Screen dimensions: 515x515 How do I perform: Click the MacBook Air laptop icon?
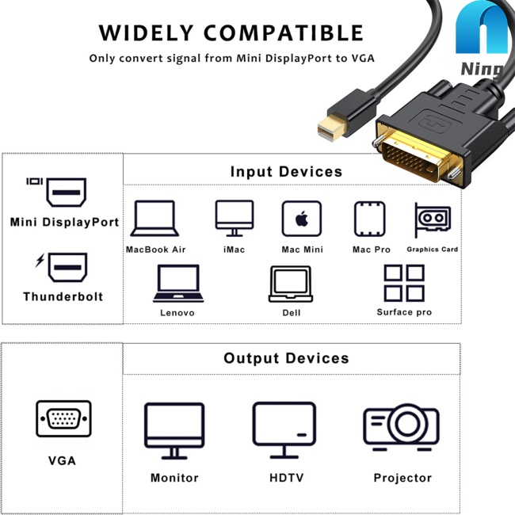pos(154,218)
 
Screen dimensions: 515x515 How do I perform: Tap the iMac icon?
pos(235,218)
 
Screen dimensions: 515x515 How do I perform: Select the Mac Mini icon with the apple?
pos(302,219)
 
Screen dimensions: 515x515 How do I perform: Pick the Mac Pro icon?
pos(370,219)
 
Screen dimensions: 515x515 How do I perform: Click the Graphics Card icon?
pos(433,219)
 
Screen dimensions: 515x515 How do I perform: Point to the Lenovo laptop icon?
pos(178,283)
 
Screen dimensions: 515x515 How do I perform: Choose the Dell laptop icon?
pos(291,284)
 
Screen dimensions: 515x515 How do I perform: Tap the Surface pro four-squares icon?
pos(404,283)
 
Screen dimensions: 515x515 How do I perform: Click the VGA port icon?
pos(63,418)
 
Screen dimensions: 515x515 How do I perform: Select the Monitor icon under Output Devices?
pos(174,430)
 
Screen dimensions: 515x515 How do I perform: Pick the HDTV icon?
pos(284,430)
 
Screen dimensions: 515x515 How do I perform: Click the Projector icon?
pos(402,427)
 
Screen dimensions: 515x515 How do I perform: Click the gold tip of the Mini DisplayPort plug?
pos(330,128)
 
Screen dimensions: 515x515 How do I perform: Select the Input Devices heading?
pos(286,171)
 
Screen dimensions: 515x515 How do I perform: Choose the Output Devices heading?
pos(286,358)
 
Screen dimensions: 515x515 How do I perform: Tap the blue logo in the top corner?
pos(482,28)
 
